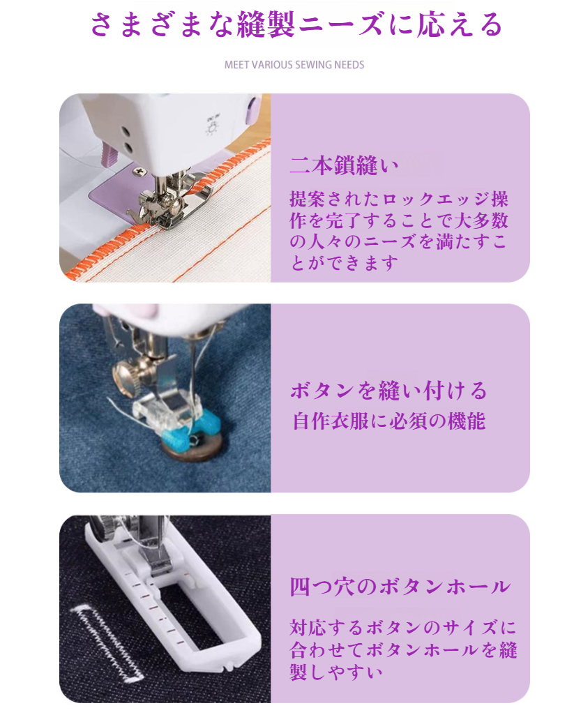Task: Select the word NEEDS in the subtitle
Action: (x=349, y=65)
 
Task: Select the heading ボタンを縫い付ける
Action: (x=388, y=390)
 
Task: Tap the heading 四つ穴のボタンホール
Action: (x=400, y=586)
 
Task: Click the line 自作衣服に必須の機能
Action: (x=388, y=421)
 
